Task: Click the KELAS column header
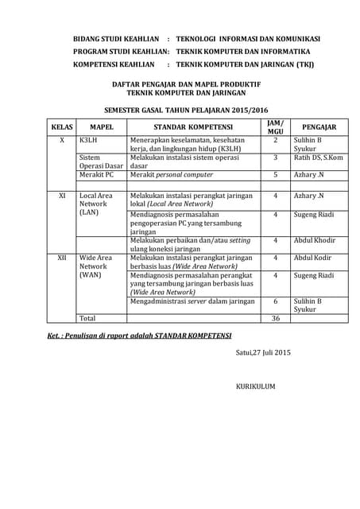[x=62, y=126]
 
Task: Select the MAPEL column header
[x=102, y=126]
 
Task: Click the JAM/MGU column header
[x=275, y=126]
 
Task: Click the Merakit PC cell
[x=97, y=174]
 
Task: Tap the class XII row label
[x=61, y=258]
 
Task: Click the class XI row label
[x=62, y=195]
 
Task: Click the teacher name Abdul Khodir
[x=315, y=240]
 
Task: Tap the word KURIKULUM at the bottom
[x=255, y=386]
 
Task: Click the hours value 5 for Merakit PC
[x=276, y=174]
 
